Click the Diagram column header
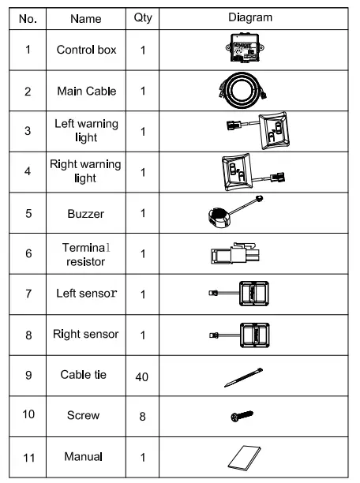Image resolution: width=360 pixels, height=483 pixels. (252, 17)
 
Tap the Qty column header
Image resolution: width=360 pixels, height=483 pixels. (144, 17)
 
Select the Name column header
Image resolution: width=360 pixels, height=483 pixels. (86, 17)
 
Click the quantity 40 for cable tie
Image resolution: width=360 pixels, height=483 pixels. (144, 376)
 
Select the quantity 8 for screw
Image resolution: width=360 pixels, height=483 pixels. (144, 416)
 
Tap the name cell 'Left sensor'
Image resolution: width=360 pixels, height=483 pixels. (86, 294)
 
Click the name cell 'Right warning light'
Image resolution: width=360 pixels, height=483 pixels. (86, 171)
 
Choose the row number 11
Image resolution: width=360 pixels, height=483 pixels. (28, 456)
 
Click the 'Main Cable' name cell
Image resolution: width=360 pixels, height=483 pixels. (86, 91)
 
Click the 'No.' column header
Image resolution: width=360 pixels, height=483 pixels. (28, 17)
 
